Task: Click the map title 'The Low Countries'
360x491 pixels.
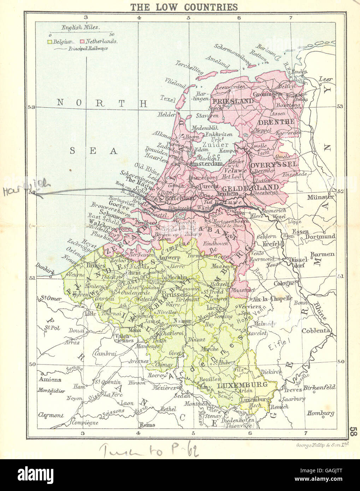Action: click(184, 7)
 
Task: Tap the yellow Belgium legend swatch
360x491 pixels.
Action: click(50, 41)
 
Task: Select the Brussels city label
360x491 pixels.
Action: click(175, 294)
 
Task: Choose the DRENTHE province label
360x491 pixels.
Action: click(276, 122)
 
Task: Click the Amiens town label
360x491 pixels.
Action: click(50, 380)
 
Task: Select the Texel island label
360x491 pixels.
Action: click(167, 99)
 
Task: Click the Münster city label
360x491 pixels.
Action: click(320, 197)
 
